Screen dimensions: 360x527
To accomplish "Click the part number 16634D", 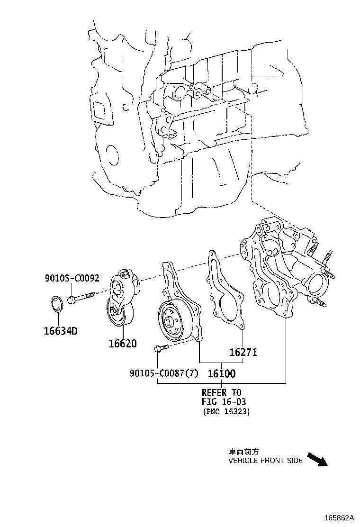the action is (61, 331).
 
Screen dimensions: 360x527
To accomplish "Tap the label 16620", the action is (123, 344).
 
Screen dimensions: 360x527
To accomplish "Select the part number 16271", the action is (243, 352).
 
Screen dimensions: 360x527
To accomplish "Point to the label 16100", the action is (222, 373).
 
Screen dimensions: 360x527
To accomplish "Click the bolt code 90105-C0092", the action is (72, 278).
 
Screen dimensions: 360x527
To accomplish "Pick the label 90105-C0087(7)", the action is (164, 373).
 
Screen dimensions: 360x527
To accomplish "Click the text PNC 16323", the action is (226, 411).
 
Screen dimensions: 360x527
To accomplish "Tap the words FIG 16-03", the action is (224, 401).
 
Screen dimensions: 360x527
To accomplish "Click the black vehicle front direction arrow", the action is (317, 459).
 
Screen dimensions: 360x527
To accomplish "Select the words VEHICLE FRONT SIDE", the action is (265, 461).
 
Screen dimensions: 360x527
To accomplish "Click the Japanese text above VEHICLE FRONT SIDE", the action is (243, 452).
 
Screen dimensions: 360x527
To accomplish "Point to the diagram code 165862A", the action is (339, 517).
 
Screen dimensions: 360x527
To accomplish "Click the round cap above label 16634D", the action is (57, 303).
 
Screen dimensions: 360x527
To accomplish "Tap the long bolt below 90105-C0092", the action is (81, 298).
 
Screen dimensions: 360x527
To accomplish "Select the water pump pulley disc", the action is (175, 322).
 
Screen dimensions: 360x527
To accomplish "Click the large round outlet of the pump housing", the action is (317, 283).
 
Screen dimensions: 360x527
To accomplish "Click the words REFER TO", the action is (221, 392).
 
